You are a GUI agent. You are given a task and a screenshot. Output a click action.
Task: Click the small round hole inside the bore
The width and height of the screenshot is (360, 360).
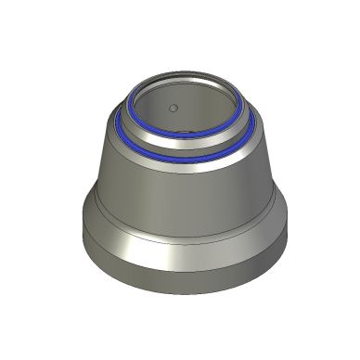click(x=173, y=108)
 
